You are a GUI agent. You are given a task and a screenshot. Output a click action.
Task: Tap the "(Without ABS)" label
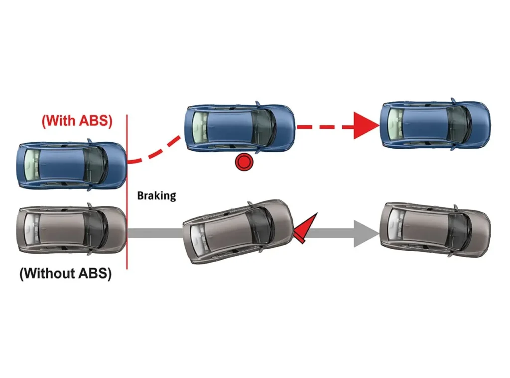65,274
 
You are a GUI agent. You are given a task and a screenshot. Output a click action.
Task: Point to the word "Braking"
156,195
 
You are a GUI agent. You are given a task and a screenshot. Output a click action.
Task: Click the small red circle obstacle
245,162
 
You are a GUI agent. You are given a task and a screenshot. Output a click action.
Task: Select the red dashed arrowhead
366,126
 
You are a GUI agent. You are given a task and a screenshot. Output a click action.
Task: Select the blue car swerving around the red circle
239,128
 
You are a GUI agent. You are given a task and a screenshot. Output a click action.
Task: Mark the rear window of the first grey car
31,230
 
